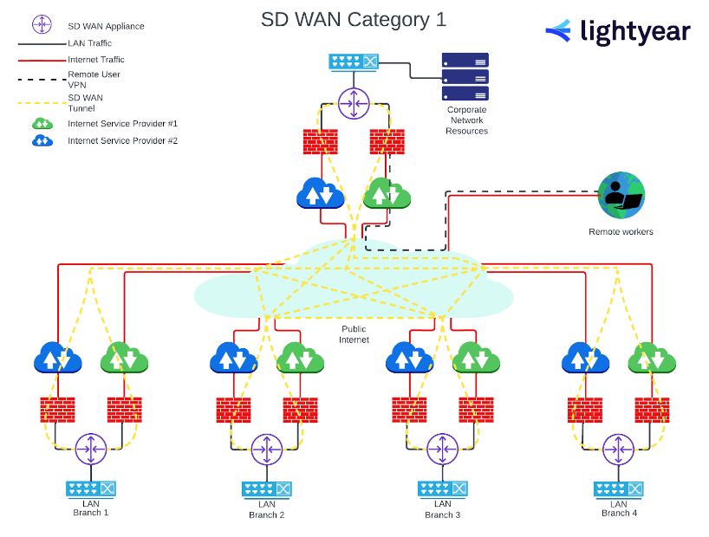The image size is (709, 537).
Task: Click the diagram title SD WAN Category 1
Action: (x=354, y=19)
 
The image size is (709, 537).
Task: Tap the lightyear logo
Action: (x=617, y=32)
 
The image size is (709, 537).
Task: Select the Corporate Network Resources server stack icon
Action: (x=465, y=77)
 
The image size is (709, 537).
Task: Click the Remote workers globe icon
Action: (x=621, y=196)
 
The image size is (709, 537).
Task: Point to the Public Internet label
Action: (x=354, y=334)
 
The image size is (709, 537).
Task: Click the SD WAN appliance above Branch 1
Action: (x=90, y=449)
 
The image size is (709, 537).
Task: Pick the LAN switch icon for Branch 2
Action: (x=266, y=489)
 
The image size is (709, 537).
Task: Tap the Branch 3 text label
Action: (x=442, y=514)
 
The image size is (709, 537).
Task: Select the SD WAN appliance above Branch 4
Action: (x=618, y=449)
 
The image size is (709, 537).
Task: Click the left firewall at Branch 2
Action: (x=233, y=409)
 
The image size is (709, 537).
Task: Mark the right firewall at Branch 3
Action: (x=476, y=409)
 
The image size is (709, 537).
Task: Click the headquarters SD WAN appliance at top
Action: (x=354, y=104)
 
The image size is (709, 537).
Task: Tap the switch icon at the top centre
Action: (x=354, y=62)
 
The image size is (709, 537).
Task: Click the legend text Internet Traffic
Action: (x=96, y=60)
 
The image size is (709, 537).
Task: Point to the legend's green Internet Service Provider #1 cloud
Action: (x=42, y=124)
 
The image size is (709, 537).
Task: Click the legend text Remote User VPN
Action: (x=94, y=80)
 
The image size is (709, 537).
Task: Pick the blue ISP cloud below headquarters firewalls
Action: (x=321, y=193)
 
